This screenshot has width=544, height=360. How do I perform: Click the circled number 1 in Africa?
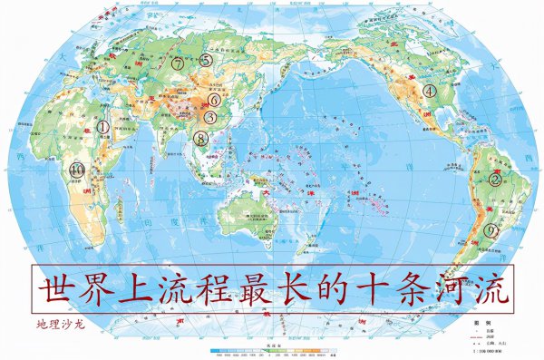pyautogui.click(x=103, y=128)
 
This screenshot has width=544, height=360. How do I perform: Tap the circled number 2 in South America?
pyautogui.click(x=495, y=179)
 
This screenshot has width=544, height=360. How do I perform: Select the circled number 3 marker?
pyautogui.click(x=209, y=117)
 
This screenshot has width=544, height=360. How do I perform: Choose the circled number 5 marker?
pyautogui.click(x=207, y=60)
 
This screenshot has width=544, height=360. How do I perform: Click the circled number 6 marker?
pyautogui.click(x=214, y=100)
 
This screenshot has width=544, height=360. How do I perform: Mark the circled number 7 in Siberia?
pyautogui.click(x=178, y=64)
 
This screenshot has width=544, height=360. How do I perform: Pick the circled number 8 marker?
pyautogui.click(x=200, y=138)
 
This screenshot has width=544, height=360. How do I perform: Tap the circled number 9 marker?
pyautogui.click(x=491, y=230)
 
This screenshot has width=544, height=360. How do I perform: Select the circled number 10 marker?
pyautogui.click(x=77, y=169)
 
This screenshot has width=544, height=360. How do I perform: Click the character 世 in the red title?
pyautogui.click(x=58, y=287)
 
